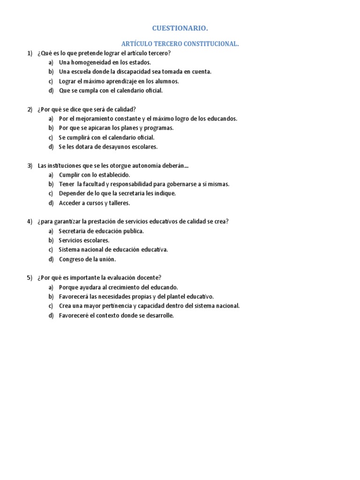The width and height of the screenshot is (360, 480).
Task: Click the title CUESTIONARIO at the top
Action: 180,29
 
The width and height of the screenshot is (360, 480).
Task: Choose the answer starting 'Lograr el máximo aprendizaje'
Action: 119,81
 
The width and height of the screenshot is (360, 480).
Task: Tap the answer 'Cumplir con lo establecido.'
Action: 94,175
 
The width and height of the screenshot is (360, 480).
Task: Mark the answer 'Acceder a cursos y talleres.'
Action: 94,203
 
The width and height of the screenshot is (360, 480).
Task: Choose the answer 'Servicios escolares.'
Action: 84,240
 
